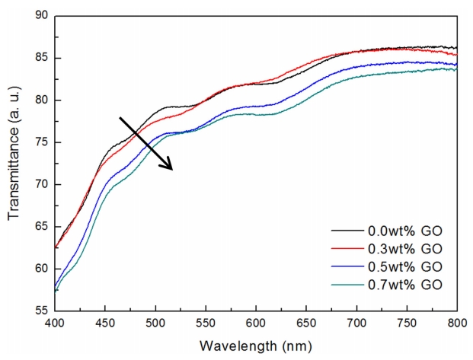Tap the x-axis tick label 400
[56, 324]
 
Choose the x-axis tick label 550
[206, 324]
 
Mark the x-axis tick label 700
[356, 324]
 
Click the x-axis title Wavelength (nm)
[255, 346]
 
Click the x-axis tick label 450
[106, 324]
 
